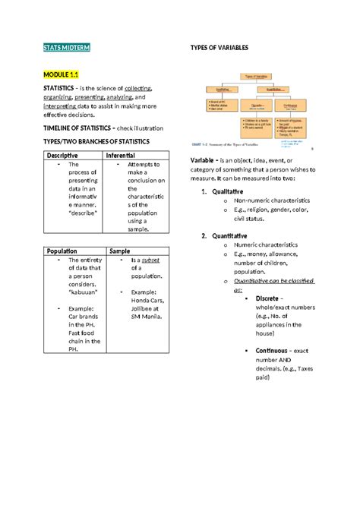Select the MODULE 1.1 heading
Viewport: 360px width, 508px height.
[61, 74]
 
